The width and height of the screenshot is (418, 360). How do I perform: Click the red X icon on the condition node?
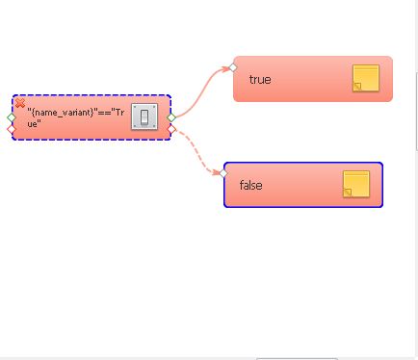tap(20, 103)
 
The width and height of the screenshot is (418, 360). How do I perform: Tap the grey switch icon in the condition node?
tap(144, 116)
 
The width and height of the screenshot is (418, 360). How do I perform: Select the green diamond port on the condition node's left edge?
tap(12, 117)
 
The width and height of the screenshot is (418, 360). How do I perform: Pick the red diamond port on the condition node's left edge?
tap(12, 129)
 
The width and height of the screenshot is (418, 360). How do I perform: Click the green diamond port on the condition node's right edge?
tap(171, 117)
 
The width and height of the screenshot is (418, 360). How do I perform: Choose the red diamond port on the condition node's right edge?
tap(171, 129)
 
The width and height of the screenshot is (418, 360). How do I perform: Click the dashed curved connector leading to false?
tap(196, 150)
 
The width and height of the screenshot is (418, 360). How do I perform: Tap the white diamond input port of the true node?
tap(233, 67)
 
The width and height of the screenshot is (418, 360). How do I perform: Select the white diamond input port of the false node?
tap(223, 173)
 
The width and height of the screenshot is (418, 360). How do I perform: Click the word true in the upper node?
tap(260, 79)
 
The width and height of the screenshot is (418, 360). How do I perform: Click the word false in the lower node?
tap(250, 185)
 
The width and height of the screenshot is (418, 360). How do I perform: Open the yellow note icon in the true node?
tap(366, 78)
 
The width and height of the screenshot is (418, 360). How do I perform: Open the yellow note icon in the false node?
tap(356, 184)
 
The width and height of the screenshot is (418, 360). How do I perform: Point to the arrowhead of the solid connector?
tap(225, 68)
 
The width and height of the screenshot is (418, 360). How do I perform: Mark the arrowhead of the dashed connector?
tap(217, 172)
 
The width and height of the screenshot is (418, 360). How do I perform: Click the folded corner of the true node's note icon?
tap(357, 87)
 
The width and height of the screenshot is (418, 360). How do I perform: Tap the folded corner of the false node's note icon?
tap(348, 193)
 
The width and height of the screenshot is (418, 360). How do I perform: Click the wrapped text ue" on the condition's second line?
tap(34, 124)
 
